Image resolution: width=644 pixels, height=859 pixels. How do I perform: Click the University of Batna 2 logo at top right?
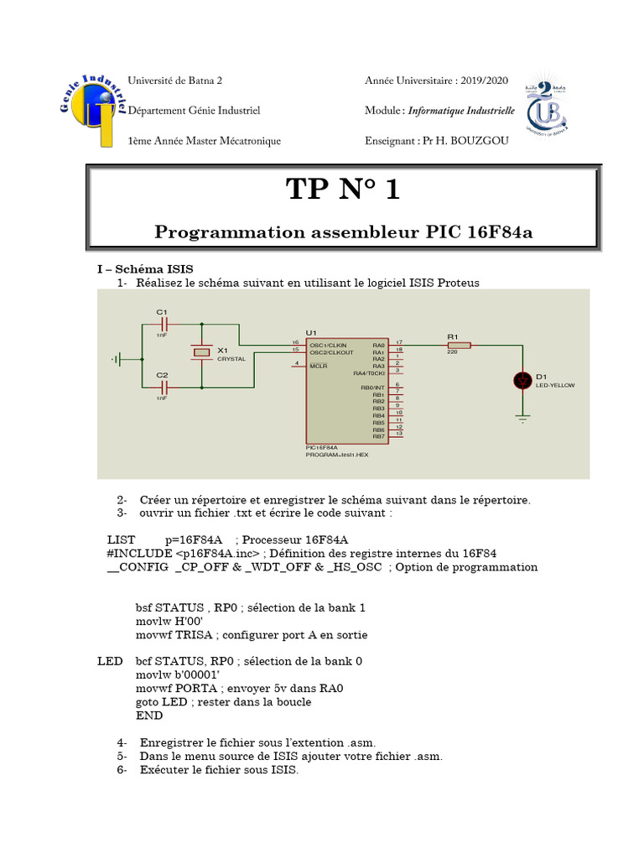point(546,109)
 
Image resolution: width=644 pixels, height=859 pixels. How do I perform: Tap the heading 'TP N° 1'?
point(343,190)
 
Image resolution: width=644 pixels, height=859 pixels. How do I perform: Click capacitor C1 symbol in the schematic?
point(164,323)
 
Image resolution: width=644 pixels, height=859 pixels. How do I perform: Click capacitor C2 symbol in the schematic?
point(164,387)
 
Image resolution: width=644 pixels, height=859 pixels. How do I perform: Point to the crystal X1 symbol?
point(202,353)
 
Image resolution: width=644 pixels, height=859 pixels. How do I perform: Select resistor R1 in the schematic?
point(459,344)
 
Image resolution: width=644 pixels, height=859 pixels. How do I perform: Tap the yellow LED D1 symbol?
point(522,381)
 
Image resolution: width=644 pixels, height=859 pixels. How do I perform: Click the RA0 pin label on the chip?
point(378,344)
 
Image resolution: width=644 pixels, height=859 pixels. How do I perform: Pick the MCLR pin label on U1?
point(318,366)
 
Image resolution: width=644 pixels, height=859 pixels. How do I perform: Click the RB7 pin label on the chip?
point(378,436)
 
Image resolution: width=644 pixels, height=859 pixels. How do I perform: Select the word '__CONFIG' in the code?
point(137,567)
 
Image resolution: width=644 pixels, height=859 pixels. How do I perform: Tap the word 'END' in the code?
point(149,716)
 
